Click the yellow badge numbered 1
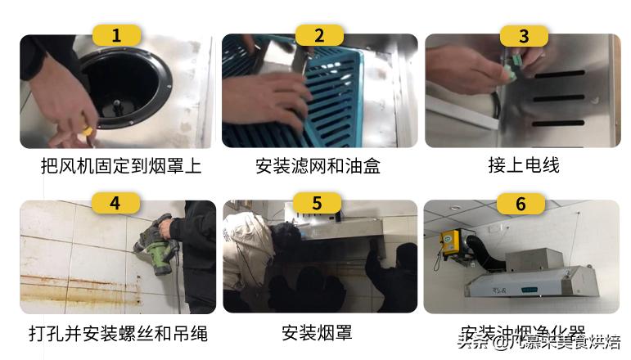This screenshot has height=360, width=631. pyautogui.click(x=116, y=35)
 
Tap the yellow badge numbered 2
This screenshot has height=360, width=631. pyautogui.click(x=319, y=35)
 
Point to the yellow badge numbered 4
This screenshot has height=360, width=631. pyautogui.click(x=116, y=202)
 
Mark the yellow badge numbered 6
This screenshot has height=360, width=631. pyautogui.click(x=521, y=202)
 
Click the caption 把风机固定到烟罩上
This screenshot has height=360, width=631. pyautogui.click(x=120, y=166)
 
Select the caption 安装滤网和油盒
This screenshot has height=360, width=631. pyautogui.click(x=318, y=166)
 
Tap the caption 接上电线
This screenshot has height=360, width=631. pyautogui.click(x=523, y=166)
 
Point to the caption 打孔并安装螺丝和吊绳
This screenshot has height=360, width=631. pyautogui.click(x=118, y=334)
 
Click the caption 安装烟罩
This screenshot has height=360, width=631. pyautogui.click(x=317, y=334)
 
